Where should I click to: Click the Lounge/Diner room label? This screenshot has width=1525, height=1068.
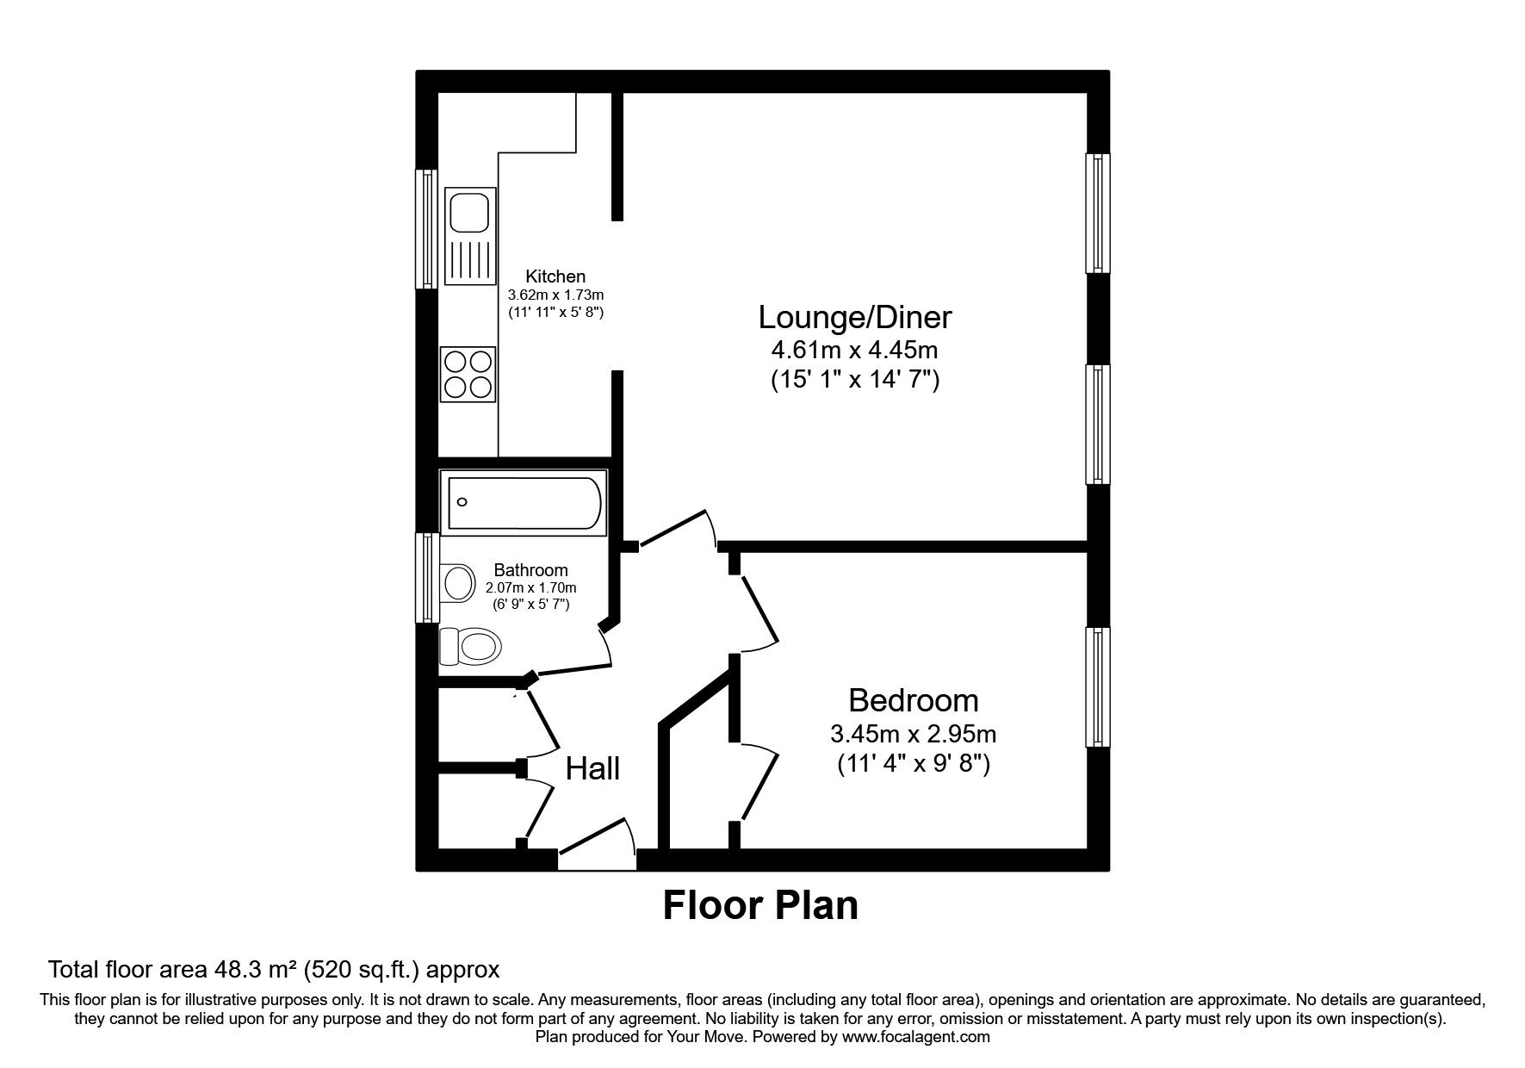point(854,318)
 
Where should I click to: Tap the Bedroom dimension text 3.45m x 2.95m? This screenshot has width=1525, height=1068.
point(913,735)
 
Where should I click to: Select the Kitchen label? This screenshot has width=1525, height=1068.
point(555,276)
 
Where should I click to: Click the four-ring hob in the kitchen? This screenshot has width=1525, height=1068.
point(468,374)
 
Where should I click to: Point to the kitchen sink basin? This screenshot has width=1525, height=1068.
point(468,212)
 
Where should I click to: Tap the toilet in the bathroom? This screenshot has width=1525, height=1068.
point(470,646)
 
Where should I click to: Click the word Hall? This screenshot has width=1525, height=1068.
point(592,768)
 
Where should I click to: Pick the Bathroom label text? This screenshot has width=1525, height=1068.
point(530,570)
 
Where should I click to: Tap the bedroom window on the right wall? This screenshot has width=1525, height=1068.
point(1098,687)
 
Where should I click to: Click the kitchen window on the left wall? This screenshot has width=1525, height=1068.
point(426,229)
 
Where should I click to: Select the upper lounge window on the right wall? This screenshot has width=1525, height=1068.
point(1098,213)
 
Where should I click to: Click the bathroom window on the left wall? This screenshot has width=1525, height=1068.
point(426,577)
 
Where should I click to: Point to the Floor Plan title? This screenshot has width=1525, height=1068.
point(760,906)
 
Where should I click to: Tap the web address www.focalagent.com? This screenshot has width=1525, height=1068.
point(916,1037)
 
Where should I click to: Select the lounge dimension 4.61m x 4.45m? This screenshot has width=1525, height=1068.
point(854,351)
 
